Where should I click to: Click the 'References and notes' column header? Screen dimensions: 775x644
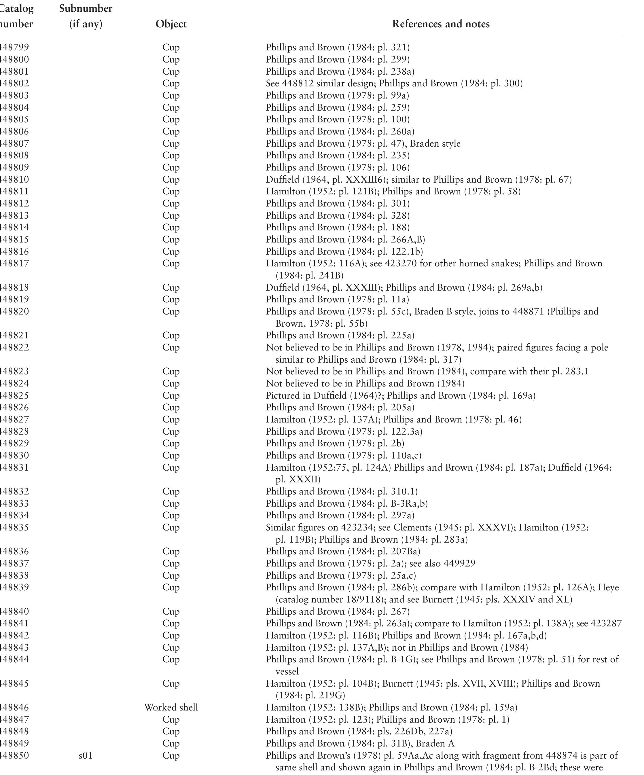(441, 24)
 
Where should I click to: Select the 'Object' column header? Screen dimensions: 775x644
(171, 24)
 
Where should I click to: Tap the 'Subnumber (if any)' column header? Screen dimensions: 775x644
(86, 16)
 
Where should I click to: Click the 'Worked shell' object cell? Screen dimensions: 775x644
(171, 707)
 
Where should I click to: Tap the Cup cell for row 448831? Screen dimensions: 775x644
(171, 468)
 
